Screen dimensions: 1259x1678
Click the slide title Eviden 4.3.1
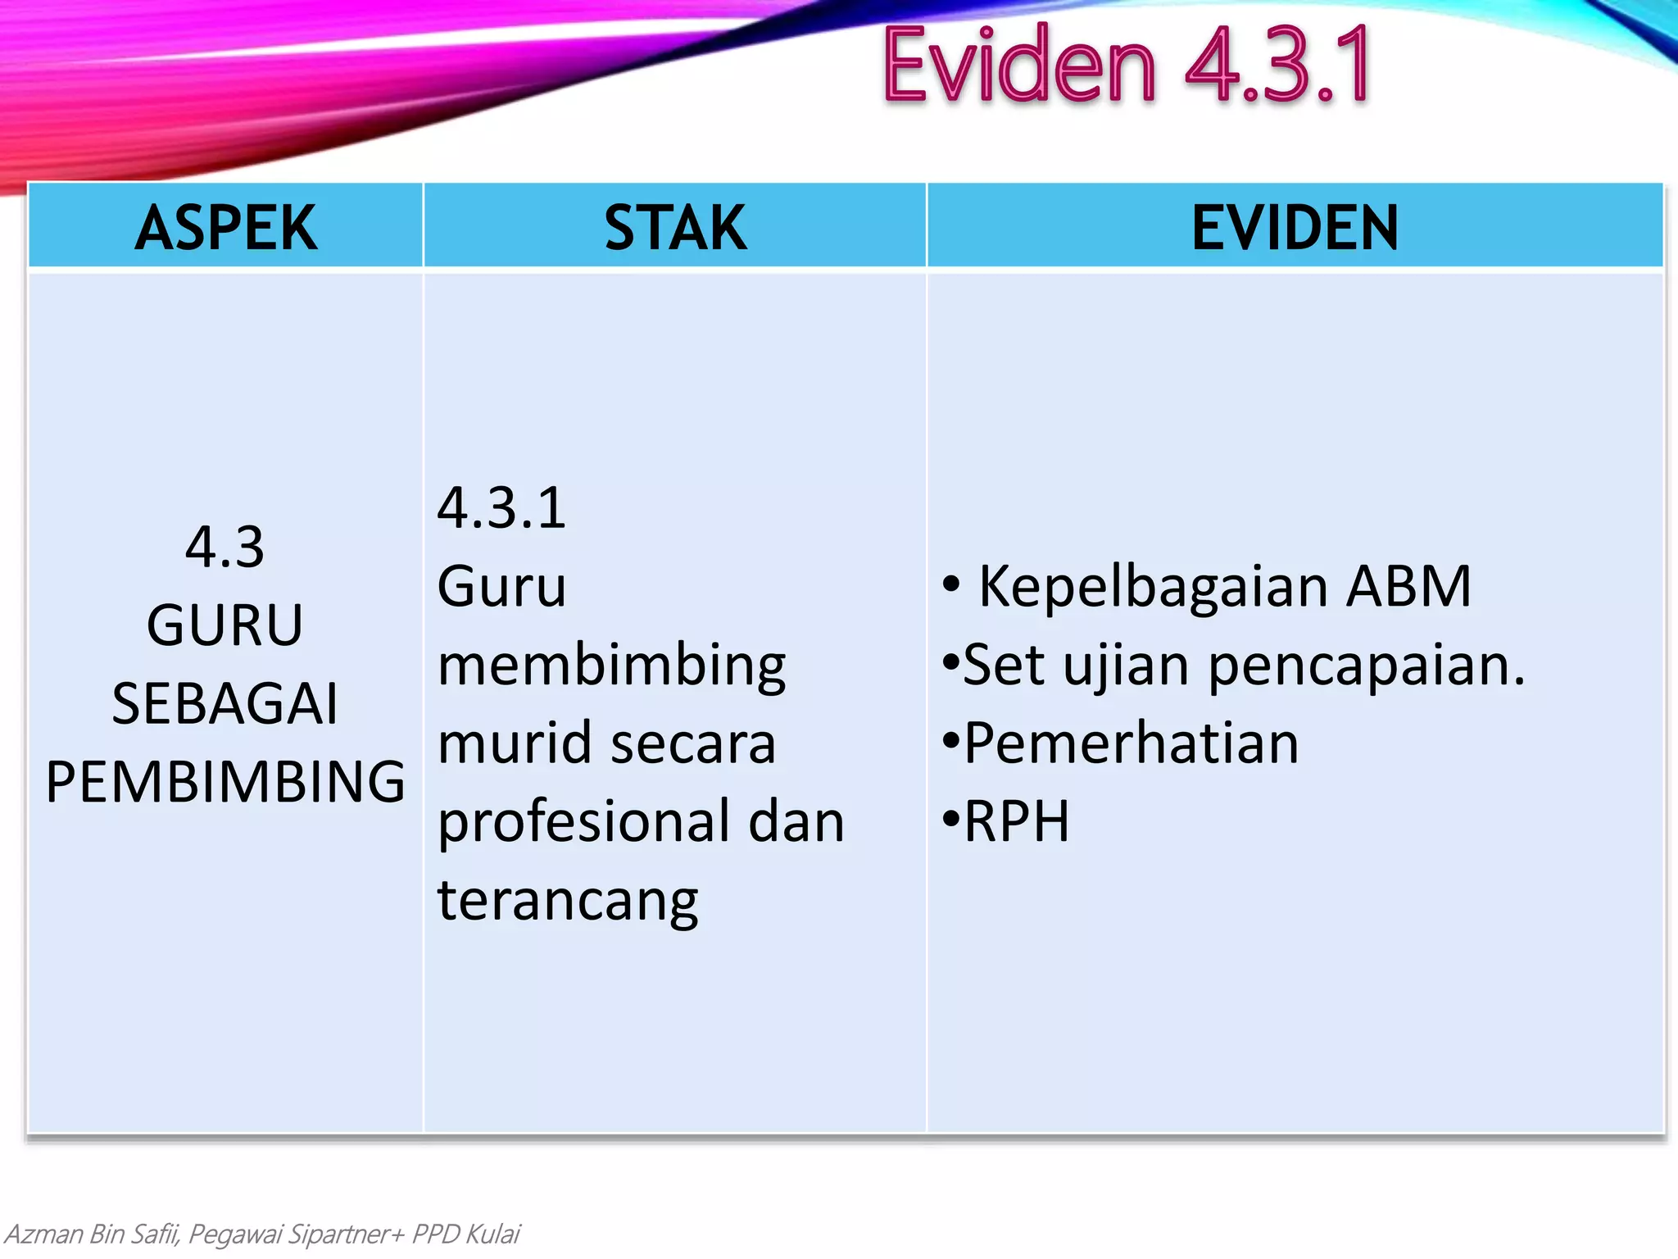[1126, 66]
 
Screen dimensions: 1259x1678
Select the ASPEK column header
[225, 227]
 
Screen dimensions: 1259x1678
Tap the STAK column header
[674, 227]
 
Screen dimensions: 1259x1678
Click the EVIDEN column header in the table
[1295, 227]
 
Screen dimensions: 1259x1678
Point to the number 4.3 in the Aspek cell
[224, 548]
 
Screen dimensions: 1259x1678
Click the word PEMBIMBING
[224, 781]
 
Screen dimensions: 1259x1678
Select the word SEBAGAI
[224, 703]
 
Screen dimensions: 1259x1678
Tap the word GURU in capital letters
[224, 625]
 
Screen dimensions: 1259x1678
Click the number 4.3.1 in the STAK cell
[501, 508]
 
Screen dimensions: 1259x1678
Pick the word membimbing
[611, 666]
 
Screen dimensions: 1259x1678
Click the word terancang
[568, 901]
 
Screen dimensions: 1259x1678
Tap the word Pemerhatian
[1131, 743]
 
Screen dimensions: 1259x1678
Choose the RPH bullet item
[1016, 821]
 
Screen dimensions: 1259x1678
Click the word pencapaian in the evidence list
[1366, 666]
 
